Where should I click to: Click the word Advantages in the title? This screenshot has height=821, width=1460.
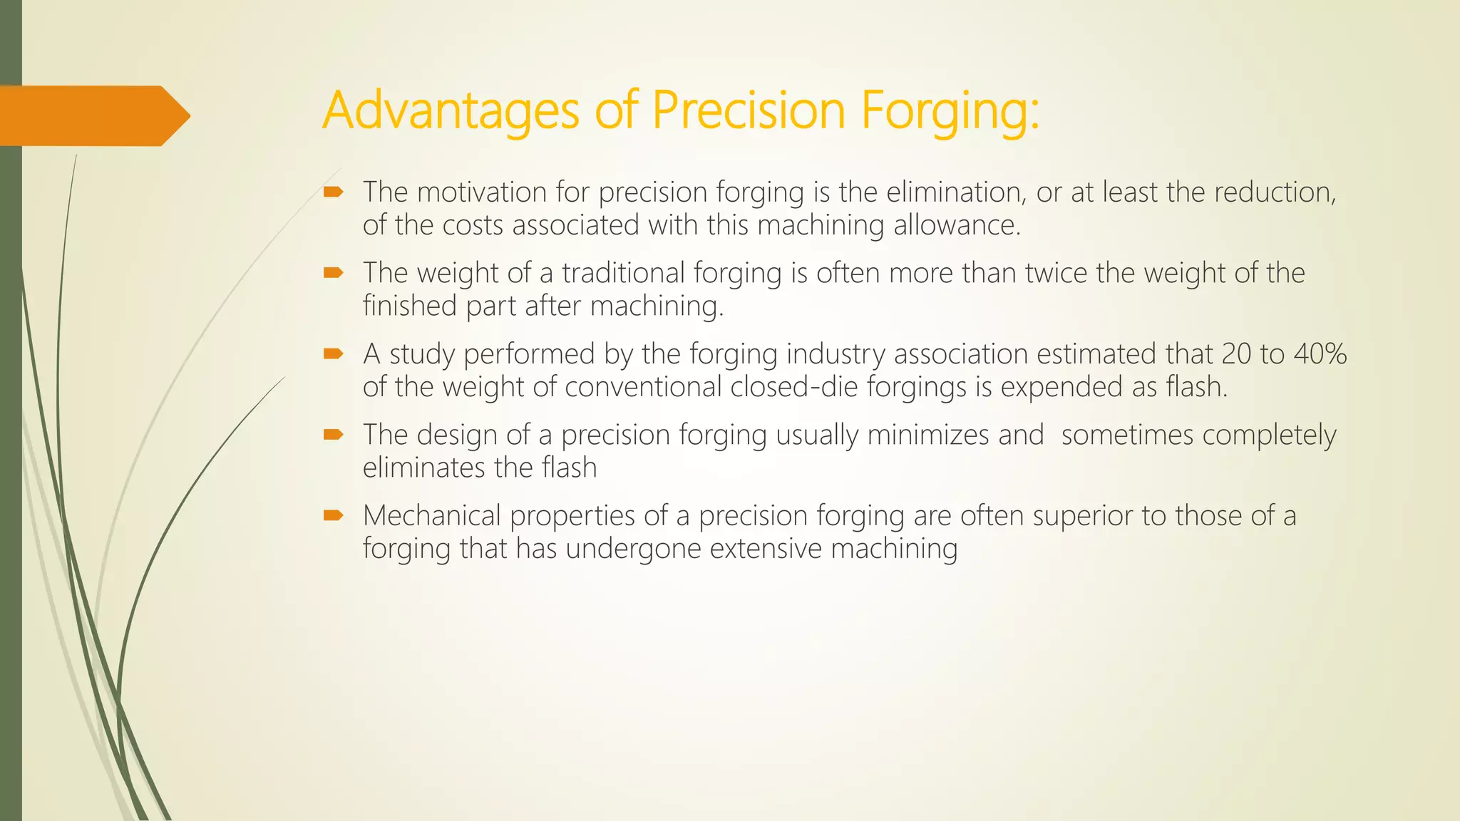450,110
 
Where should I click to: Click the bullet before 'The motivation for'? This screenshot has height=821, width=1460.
333,192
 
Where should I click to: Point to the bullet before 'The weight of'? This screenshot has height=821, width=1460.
333,272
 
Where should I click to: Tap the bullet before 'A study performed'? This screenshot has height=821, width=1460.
333,353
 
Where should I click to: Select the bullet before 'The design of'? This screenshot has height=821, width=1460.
333,434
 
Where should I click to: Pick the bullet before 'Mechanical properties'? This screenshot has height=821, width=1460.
333,515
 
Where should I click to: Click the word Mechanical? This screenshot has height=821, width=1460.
432,515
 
